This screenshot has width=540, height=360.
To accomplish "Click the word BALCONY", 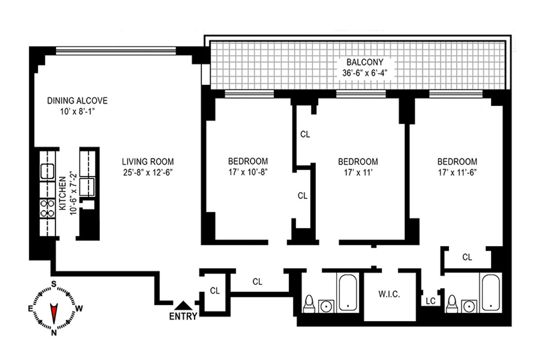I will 358,63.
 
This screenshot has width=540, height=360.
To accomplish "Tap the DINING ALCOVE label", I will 77,100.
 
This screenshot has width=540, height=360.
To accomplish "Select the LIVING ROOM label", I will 148,161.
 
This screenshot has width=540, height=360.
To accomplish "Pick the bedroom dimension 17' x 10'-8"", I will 248,171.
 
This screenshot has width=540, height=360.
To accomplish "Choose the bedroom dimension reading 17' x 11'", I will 358,171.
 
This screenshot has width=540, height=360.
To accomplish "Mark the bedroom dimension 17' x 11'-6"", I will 457,171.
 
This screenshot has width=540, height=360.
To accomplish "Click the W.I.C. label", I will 389,295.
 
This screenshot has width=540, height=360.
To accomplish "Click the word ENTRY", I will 183,316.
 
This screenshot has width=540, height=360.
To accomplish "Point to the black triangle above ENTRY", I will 182,306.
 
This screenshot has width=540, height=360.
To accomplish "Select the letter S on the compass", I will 54,283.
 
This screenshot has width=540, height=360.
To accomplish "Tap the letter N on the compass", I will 54,333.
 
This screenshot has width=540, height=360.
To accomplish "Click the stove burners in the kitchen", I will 46,208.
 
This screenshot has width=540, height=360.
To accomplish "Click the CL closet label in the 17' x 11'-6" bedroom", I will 467,257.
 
